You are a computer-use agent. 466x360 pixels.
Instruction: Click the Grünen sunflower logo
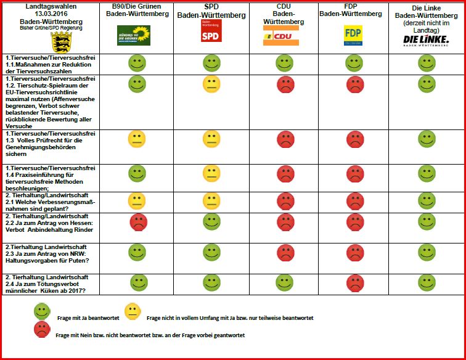coord(134,35)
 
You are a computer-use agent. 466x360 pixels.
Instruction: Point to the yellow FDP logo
coord(353,35)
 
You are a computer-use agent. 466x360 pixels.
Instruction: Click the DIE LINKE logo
coord(426,41)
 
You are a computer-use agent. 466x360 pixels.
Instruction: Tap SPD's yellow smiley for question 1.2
coord(211,84)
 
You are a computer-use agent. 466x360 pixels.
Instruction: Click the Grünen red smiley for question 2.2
coord(138,223)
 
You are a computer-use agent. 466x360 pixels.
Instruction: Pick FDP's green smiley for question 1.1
coord(354,63)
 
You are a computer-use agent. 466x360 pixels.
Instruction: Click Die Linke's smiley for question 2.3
coord(427,252)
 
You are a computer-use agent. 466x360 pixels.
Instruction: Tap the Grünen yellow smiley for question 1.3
coord(136,140)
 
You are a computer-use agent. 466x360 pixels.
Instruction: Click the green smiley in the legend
coord(42,312)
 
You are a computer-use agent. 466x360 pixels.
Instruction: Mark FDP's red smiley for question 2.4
coord(354,282)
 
